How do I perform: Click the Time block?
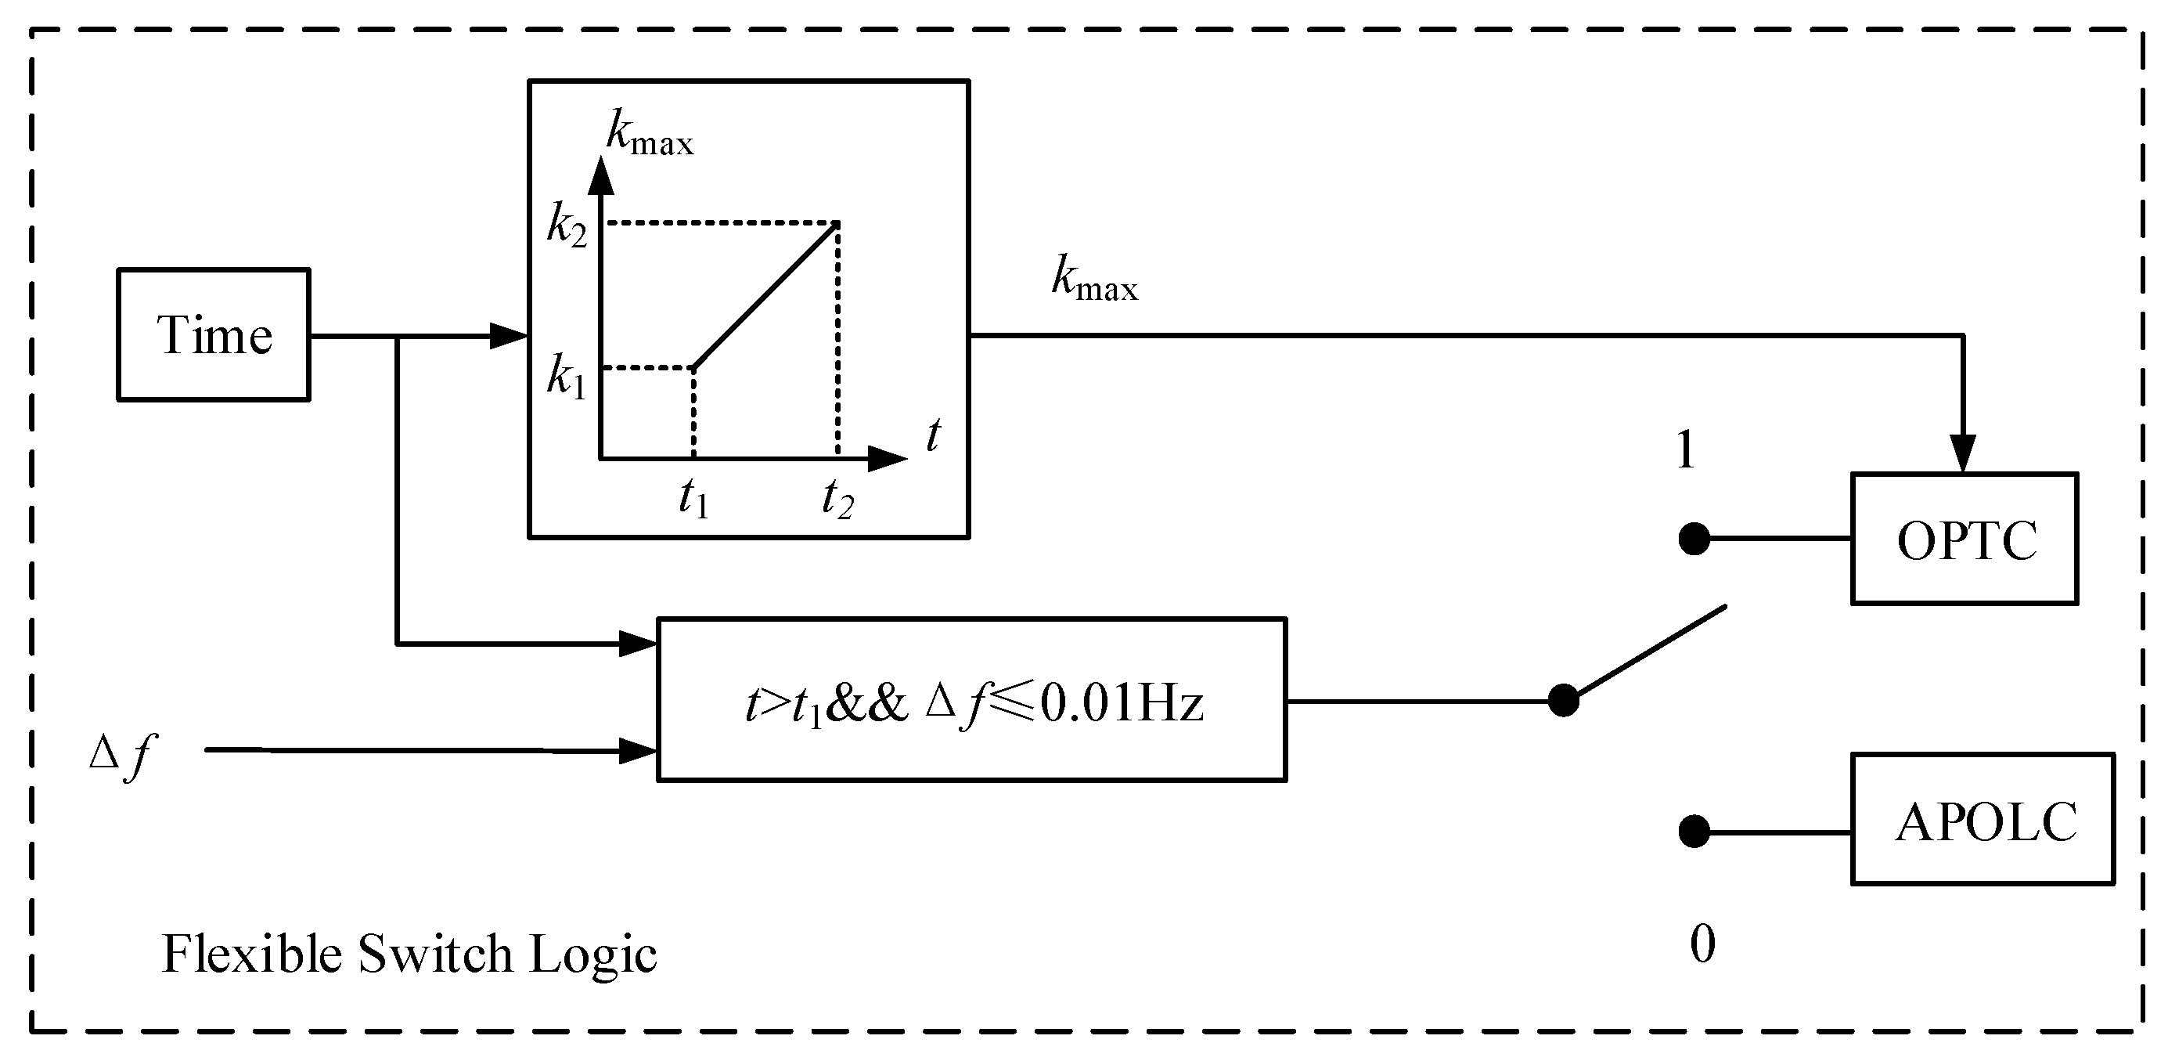coord(214,335)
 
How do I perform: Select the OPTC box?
coord(1965,540)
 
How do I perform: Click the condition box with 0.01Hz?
coord(971,701)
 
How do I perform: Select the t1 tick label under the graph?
coord(693,498)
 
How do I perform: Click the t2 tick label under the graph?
coord(837,498)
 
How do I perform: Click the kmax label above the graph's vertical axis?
coord(650,135)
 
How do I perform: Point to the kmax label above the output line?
coord(1094,280)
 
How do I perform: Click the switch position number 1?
coord(1685,450)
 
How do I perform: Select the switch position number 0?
coord(1702,944)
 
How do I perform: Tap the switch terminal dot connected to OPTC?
coord(1694,539)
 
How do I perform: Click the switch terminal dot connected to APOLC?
coord(1694,831)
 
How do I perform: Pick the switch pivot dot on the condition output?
coord(1563,701)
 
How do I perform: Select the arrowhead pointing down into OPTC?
coord(1963,455)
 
